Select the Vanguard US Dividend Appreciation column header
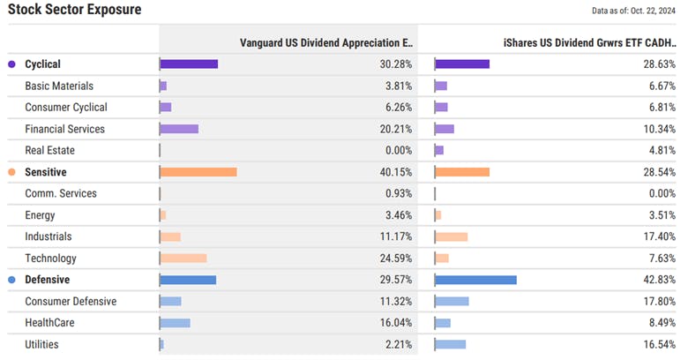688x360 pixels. (x=325, y=42)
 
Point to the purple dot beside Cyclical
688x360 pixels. (x=11, y=64)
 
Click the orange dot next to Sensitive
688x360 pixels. (x=11, y=172)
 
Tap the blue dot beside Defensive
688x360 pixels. (x=11, y=280)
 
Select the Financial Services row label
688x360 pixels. (x=64, y=129)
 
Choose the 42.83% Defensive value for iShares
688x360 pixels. (x=659, y=280)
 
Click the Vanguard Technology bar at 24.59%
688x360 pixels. (x=183, y=259)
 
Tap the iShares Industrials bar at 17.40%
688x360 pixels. (x=452, y=237)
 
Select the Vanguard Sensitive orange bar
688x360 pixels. (x=198, y=172)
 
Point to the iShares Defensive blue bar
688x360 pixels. (x=476, y=280)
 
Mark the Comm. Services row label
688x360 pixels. (x=61, y=193)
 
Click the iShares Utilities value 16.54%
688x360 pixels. (x=659, y=344)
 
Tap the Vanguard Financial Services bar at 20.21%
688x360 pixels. (x=179, y=129)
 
